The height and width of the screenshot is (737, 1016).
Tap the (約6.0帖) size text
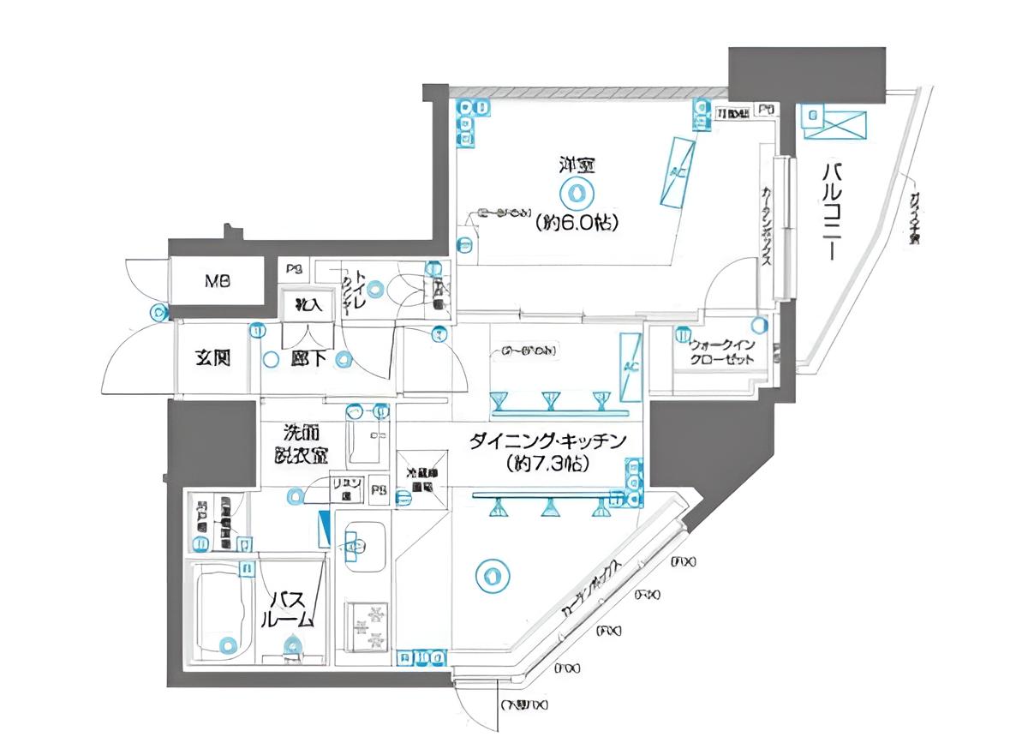click(x=577, y=223)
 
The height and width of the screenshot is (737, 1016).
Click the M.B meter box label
click(x=215, y=281)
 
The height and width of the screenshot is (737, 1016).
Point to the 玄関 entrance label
click(x=213, y=358)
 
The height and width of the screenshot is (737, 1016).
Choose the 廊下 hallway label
click(x=307, y=359)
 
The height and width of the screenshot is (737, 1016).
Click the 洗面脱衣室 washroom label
click(x=298, y=444)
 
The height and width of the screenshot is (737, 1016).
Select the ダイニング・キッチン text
click(x=548, y=442)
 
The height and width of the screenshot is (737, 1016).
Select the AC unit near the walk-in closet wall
click(x=631, y=367)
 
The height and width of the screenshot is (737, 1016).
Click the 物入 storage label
click(x=308, y=304)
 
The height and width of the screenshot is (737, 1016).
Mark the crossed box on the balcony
click(x=834, y=124)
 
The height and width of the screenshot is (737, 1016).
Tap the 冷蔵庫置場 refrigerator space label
click(x=421, y=478)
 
